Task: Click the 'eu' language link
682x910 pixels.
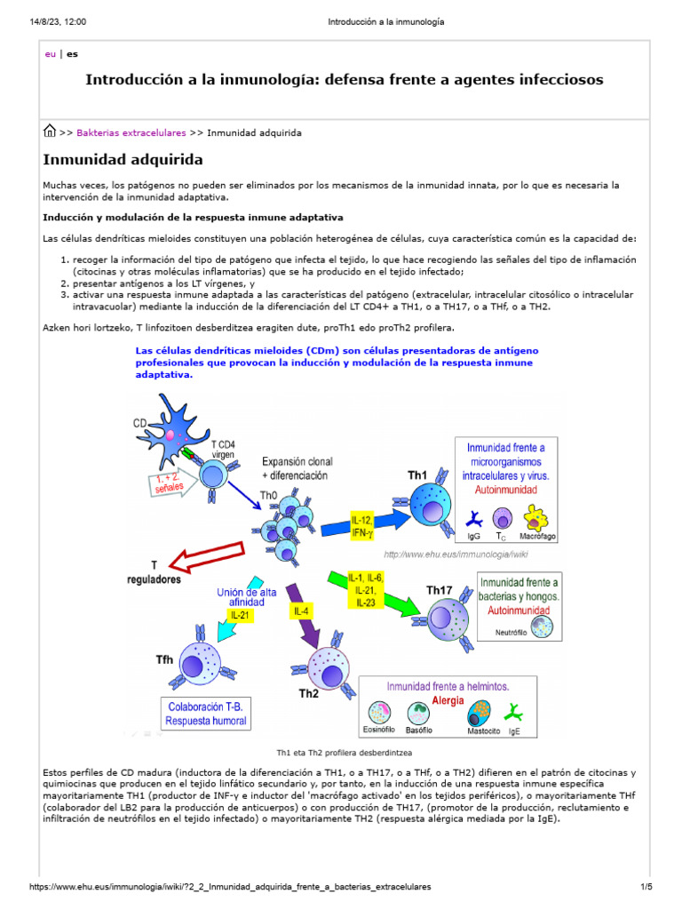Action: tap(50, 53)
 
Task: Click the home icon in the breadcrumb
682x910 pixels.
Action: tap(51, 132)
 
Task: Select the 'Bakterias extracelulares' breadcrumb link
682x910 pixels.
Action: tap(131, 132)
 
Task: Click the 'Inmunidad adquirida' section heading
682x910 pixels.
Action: tap(123, 160)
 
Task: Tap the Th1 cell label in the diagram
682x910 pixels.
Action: tap(417, 475)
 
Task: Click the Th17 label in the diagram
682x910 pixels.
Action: tap(440, 589)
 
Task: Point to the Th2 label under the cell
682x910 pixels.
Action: tap(309, 695)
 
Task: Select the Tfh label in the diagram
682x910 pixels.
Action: tap(164, 659)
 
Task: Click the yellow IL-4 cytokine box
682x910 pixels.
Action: tap(300, 611)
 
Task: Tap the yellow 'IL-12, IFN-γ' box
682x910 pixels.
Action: tap(361, 525)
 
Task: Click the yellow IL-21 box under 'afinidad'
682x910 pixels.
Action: tap(239, 614)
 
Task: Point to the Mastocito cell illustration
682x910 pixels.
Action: tap(480, 712)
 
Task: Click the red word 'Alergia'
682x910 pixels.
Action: tap(447, 699)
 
